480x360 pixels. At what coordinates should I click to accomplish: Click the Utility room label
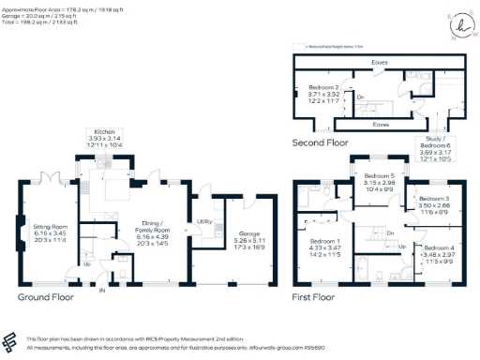tap(202, 221)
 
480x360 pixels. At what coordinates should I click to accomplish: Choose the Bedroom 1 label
tap(326, 241)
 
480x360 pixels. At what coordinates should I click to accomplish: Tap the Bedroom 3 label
tap(435, 199)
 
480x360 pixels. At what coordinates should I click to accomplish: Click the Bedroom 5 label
tap(381, 176)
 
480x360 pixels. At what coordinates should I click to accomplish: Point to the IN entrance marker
tap(102, 291)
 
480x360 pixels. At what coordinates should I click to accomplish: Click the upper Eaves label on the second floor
tap(380, 63)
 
